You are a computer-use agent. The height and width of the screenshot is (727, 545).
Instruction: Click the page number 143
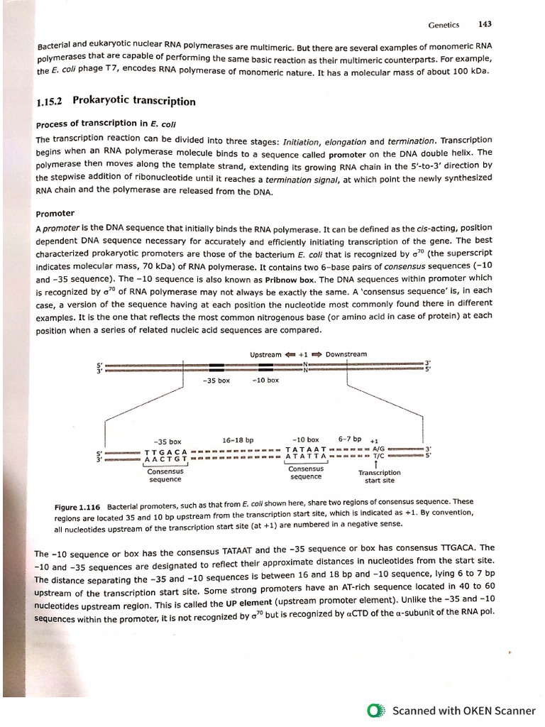(x=485, y=24)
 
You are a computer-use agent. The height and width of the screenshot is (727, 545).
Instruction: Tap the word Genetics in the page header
(x=444, y=25)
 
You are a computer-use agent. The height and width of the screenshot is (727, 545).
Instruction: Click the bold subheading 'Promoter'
(x=55, y=213)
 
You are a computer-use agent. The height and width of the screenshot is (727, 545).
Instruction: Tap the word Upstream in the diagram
(x=265, y=354)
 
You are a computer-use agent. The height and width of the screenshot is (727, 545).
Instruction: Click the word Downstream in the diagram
(x=346, y=354)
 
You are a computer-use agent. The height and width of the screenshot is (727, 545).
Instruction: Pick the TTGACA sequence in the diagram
(x=165, y=452)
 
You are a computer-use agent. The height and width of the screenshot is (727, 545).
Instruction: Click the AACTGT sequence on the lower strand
(x=165, y=460)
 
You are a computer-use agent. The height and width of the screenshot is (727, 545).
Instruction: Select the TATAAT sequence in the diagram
(x=305, y=449)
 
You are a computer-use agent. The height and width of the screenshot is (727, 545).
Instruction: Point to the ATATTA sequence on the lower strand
(x=305, y=457)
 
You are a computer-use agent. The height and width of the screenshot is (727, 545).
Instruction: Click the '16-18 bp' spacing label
(x=237, y=440)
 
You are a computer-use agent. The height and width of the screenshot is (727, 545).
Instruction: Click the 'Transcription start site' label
(x=379, y=476)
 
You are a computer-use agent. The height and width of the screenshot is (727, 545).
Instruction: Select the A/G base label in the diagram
(x=378, y=449)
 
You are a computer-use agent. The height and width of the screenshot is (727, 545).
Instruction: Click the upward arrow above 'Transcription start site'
(x=376, y=464)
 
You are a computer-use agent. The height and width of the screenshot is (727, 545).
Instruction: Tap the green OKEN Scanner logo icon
(x=375, y=710)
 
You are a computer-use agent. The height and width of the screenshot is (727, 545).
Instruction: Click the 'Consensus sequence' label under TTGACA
(x=165, y=475)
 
